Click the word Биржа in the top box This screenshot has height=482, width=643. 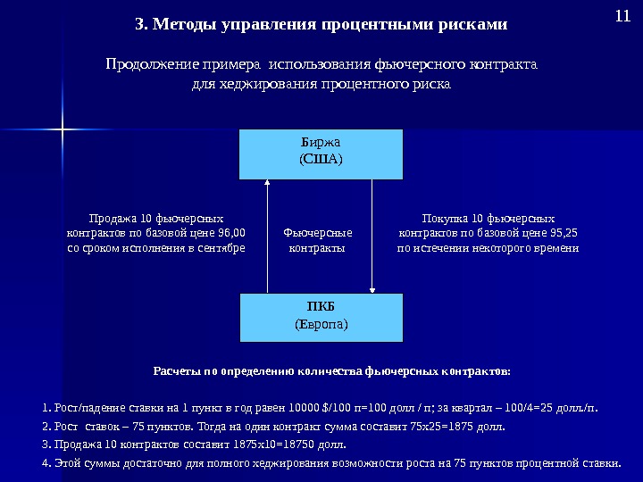321,143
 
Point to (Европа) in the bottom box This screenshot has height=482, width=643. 321,323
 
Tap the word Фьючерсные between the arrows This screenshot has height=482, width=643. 318,233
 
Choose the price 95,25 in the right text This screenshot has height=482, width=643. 564,233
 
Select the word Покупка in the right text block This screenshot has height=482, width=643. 443,218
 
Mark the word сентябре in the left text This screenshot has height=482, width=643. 221,248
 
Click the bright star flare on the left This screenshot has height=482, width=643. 63,131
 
